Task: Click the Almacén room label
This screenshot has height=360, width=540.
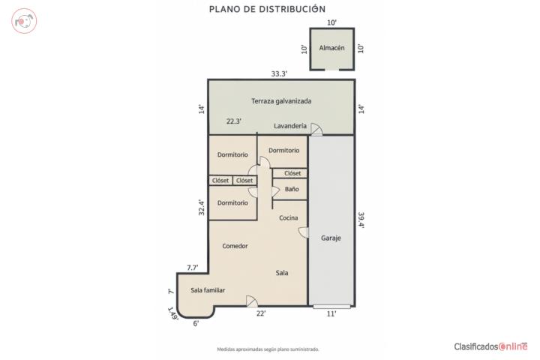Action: pyautogui.click(x=331, y=48)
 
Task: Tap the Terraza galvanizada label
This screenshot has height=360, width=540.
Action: pyautogui.click(x=281, y=101)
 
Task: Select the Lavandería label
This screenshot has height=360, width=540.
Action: pyautogui.click(x=290, y=126)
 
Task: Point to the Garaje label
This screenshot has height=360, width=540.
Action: pyautogui.click(x=331, y=238)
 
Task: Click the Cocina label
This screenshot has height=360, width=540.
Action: pyautogui.click(x=289, y=217)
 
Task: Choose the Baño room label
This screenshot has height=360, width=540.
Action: pyautogui.click(x=292, y=189)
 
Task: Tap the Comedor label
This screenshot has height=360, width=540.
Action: pyautogui.click(x=235, y=246)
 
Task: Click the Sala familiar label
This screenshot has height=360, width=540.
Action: pyautogui.click(x=208, y=290)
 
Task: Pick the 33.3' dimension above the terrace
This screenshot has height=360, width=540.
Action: pyautogui.click(x=279, y=73)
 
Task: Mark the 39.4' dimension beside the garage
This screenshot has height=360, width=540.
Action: pyautogui.click(x=361, y=220)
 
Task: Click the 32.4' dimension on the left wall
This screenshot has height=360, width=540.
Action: pyautogui.click(x=202, y=208)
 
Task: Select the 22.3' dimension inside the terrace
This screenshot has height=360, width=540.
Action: pyautogui.click(x=234, y=121)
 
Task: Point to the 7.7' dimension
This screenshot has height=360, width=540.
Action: pyautogui.click(x=193, y=268)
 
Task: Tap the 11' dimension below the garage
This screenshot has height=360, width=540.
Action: pyautogui.click(x=331, y=313)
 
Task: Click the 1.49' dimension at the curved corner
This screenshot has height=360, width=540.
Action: pyautogui.click(x=173, y=313)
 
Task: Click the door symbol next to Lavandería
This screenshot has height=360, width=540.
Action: pyautogui.click(x=316, y=129)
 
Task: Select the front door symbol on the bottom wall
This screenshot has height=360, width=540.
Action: pyautogui.click(x=252, y=301)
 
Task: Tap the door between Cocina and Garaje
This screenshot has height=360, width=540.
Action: pyautogui.click(x=304, y=232)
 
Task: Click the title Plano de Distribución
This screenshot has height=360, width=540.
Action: pyautogui.click(x=267, y=9)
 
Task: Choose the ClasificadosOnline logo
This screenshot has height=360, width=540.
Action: pyautogui.click(x=490, y=346)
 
